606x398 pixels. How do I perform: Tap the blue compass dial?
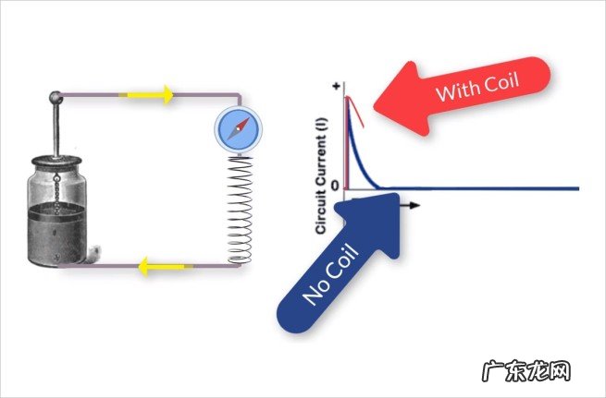point(227,129)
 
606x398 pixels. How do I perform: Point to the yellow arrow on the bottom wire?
point(154,268)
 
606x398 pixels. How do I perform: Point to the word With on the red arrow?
point(455,92)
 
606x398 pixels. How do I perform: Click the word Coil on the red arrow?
point(501,83)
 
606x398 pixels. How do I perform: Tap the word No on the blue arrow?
point(318,293)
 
